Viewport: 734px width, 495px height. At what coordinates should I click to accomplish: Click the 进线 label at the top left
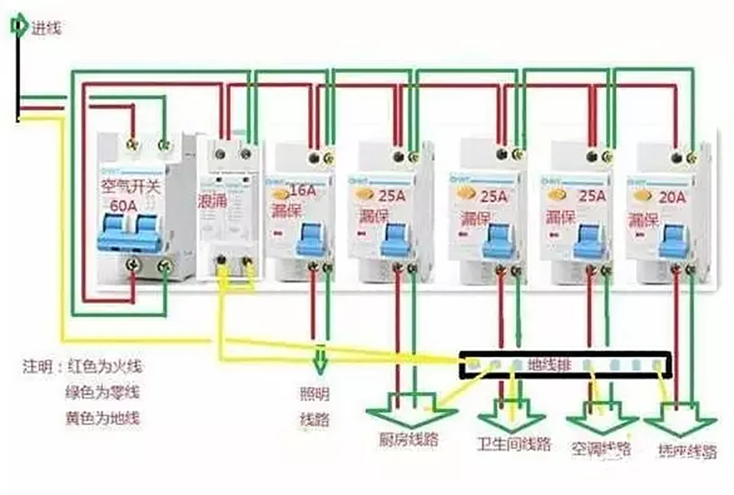46,28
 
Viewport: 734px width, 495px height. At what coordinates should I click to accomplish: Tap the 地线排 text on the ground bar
545,365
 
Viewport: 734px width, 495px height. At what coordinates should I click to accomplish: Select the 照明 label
314,393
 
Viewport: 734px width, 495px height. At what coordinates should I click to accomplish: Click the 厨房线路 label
408,438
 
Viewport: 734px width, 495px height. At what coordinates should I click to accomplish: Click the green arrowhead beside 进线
17,27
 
